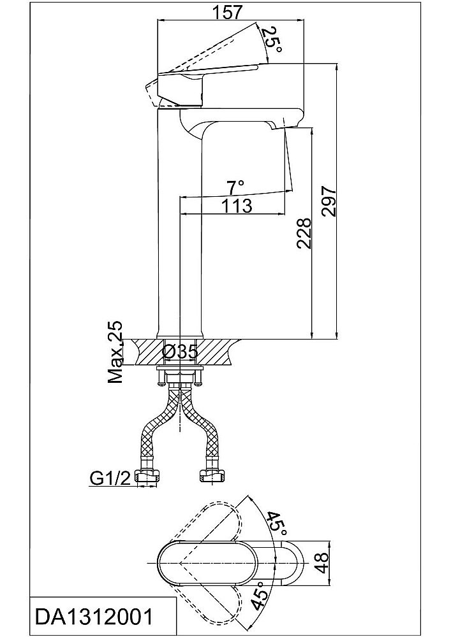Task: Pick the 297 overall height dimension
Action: pos(328,202)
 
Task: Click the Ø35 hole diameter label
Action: pos(180,351)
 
